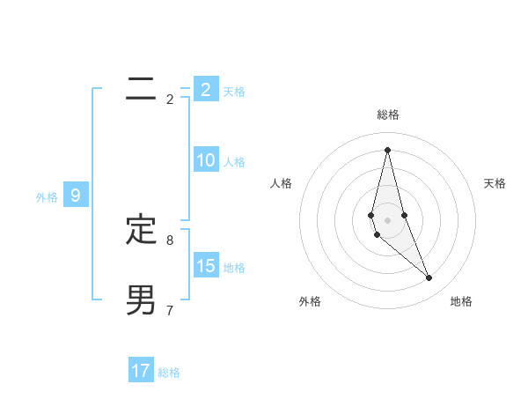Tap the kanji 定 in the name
tap(141, 230)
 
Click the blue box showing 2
tap(206, 89)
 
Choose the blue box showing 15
tap(206, 265)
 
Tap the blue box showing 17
tap(141, 371)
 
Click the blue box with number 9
tap(76, 196)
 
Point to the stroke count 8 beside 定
tap(170, 240)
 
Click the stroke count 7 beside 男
tap(170, 310)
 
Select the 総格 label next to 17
tap(169, 373)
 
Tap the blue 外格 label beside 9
tap(47, 197)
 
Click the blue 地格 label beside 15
tap(234, 267)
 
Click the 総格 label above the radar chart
tap(387, 115)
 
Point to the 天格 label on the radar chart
tap(495, 183)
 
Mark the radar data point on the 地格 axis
tap(429, 278)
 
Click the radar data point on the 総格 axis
tap(387, 149)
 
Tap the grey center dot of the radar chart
tap(387, 220)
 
